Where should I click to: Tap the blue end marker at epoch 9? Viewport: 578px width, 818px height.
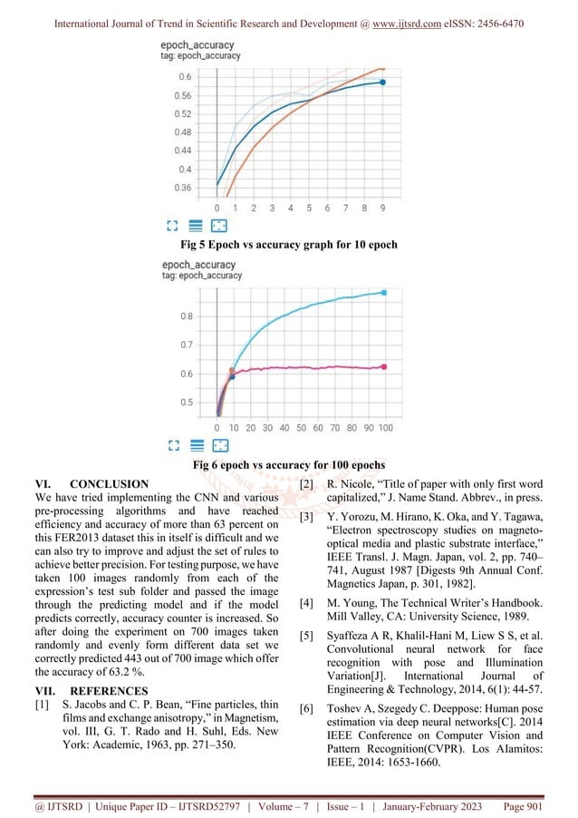(x=383, y=83)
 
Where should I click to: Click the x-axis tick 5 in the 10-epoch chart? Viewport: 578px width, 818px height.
(x=309, y=208)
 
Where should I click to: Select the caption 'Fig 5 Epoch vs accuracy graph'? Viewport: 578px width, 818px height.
(x=288, y=245)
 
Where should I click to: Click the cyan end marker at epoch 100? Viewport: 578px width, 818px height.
(x=384, y=293)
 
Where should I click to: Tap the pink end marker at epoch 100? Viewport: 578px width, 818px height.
(x=384, y=367)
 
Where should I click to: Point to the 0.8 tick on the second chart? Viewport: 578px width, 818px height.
(x=186, y=316)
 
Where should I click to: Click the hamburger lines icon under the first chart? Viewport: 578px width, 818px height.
(x=195, y=226)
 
